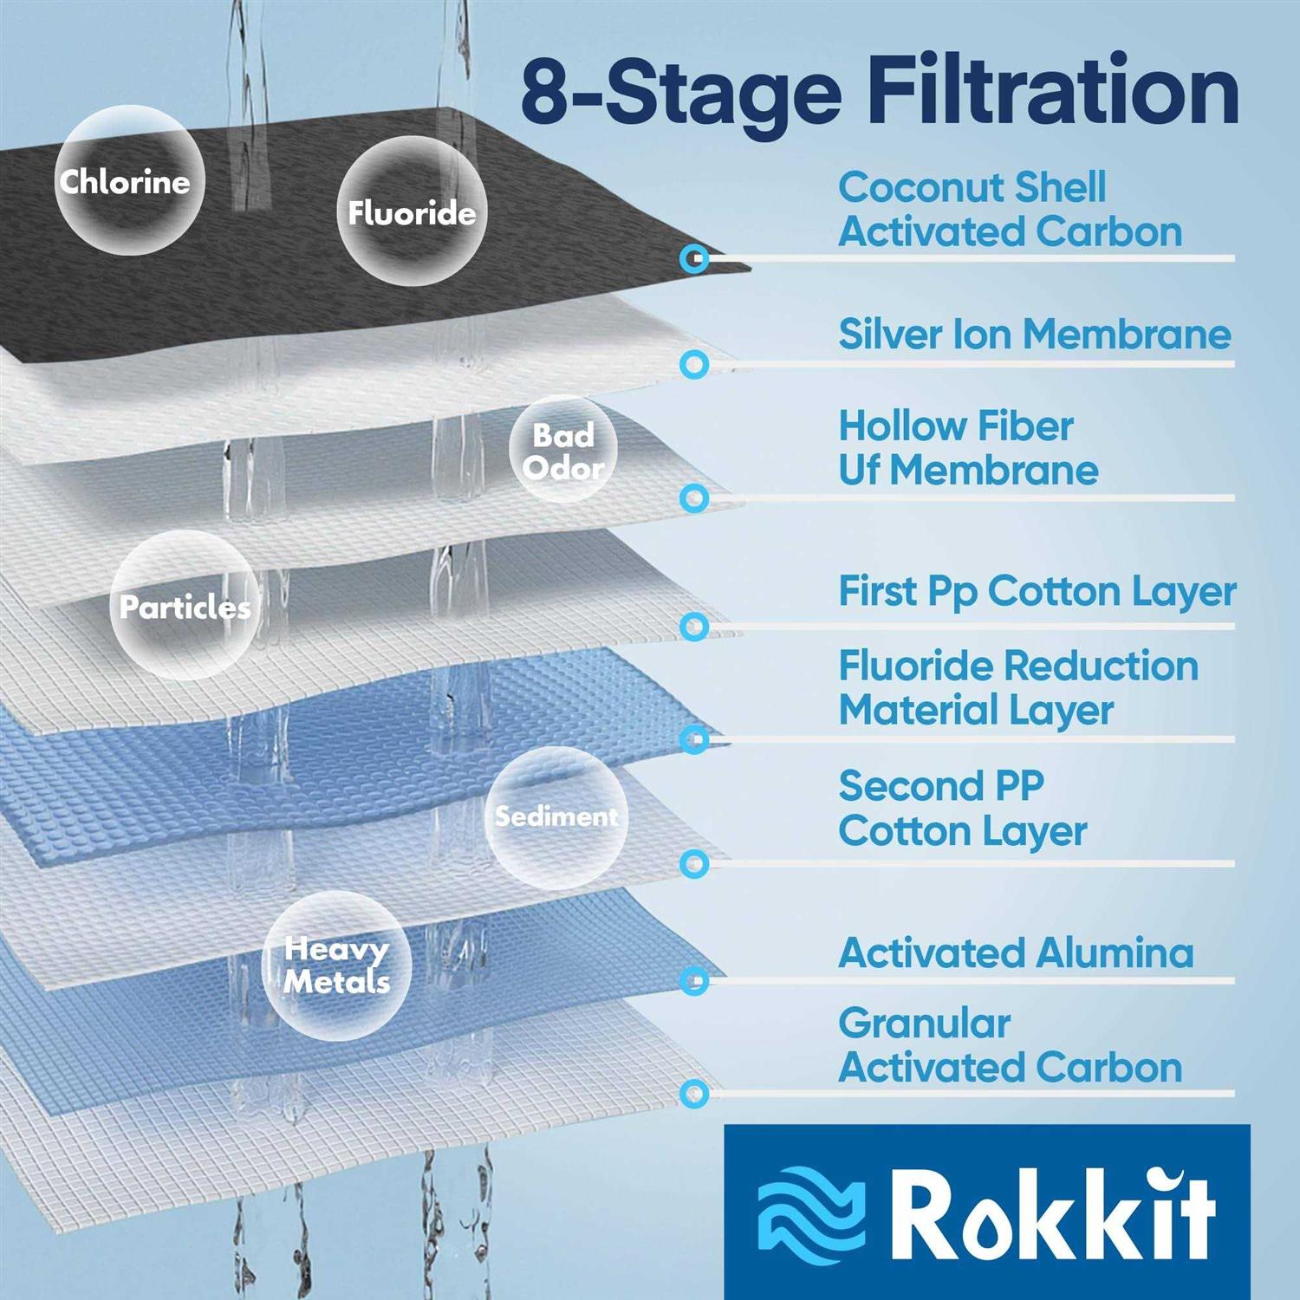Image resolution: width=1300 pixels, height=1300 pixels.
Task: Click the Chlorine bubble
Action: point(129,180)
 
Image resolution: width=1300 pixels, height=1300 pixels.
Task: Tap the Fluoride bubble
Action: point(412,211)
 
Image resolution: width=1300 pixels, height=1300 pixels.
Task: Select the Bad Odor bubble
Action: point(563,450)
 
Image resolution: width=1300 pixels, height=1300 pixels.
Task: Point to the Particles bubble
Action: point(185,605)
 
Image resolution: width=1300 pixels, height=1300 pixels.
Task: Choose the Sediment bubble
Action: point(556,817)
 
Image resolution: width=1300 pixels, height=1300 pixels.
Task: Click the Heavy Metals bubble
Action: point(336,965)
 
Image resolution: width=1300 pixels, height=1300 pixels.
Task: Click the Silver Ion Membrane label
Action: point(1035,334)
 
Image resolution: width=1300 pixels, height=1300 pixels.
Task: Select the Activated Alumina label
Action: point(1016,953)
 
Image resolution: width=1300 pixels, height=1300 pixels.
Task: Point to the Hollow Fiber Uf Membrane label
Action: point(968,448)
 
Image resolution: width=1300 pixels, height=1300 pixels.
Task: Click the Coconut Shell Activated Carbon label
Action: point(1011,210)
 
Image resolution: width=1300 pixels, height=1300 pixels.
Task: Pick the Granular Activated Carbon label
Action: point(1011,1045)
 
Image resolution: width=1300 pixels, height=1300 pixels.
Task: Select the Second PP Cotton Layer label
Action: point(962,809)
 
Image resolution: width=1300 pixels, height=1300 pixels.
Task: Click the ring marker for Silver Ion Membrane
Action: point(693,365)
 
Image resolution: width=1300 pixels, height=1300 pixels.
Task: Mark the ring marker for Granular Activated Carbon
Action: point(693,1094)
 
